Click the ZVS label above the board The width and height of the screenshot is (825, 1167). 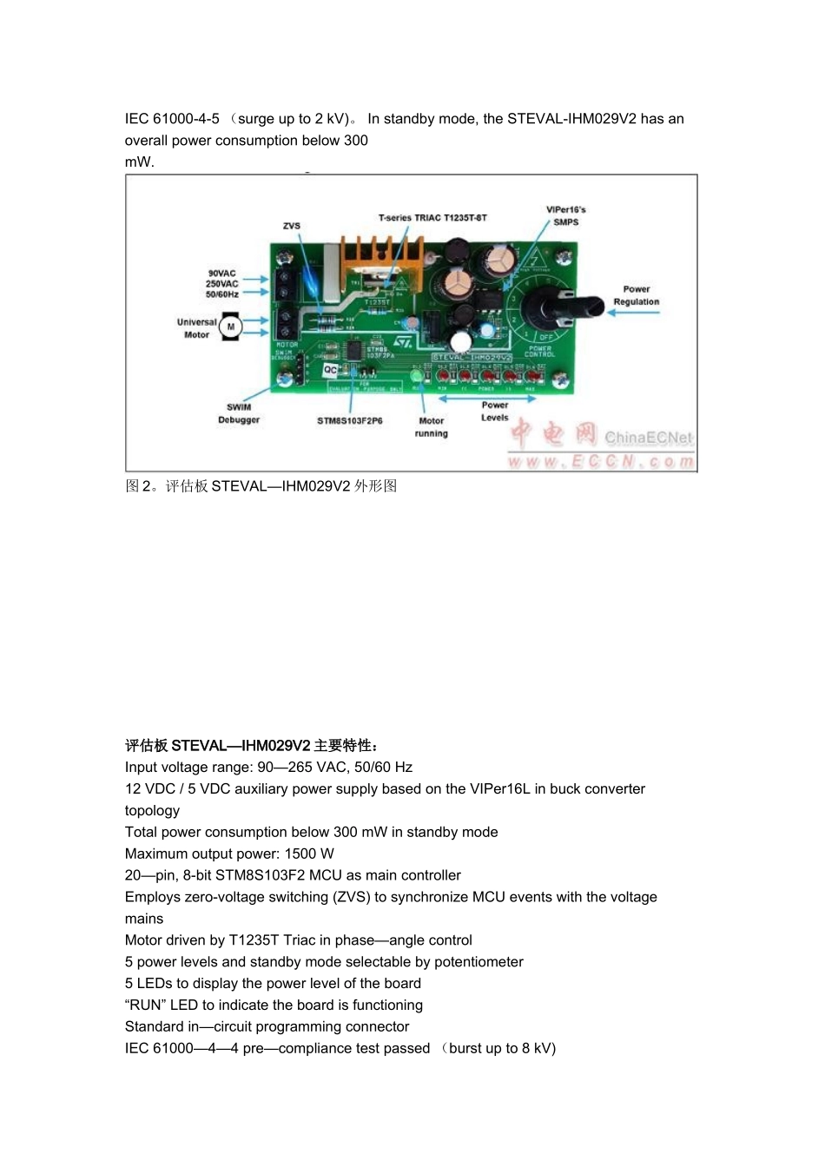coord(292,226)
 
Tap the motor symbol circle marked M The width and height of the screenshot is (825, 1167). coord(231,326)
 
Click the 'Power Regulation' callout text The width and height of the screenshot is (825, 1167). coord(636,295)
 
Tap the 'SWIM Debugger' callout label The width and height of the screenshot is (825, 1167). coord(239,413)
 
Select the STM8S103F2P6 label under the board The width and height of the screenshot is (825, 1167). coord(350,421)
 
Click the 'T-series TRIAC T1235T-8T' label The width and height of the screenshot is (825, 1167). coord(432,217)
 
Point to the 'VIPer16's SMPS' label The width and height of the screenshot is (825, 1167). coord(566,215)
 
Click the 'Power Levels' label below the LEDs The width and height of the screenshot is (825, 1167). coord(495,411)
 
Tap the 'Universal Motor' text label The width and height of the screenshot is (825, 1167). coord(196,328)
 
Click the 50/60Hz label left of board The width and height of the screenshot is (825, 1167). coord(222,294)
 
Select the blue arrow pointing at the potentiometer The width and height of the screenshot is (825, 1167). coord(633,313)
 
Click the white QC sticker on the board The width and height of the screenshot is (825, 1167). coord(331,370)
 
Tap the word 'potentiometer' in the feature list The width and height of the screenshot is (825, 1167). coord(478,962)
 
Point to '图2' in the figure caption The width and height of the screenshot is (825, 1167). coord(137,486)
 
